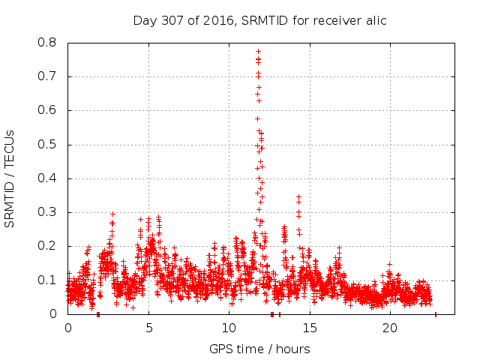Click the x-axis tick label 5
tap(148, 328)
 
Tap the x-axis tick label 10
tap(229, 328)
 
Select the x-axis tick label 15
tap(310, 328)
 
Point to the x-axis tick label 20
tap(390, 328)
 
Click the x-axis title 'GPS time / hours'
tap(259, 349)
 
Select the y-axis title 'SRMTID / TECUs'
tap(10, 178)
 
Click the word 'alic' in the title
tap(375, 20)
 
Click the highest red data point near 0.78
tap(258, 51)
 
